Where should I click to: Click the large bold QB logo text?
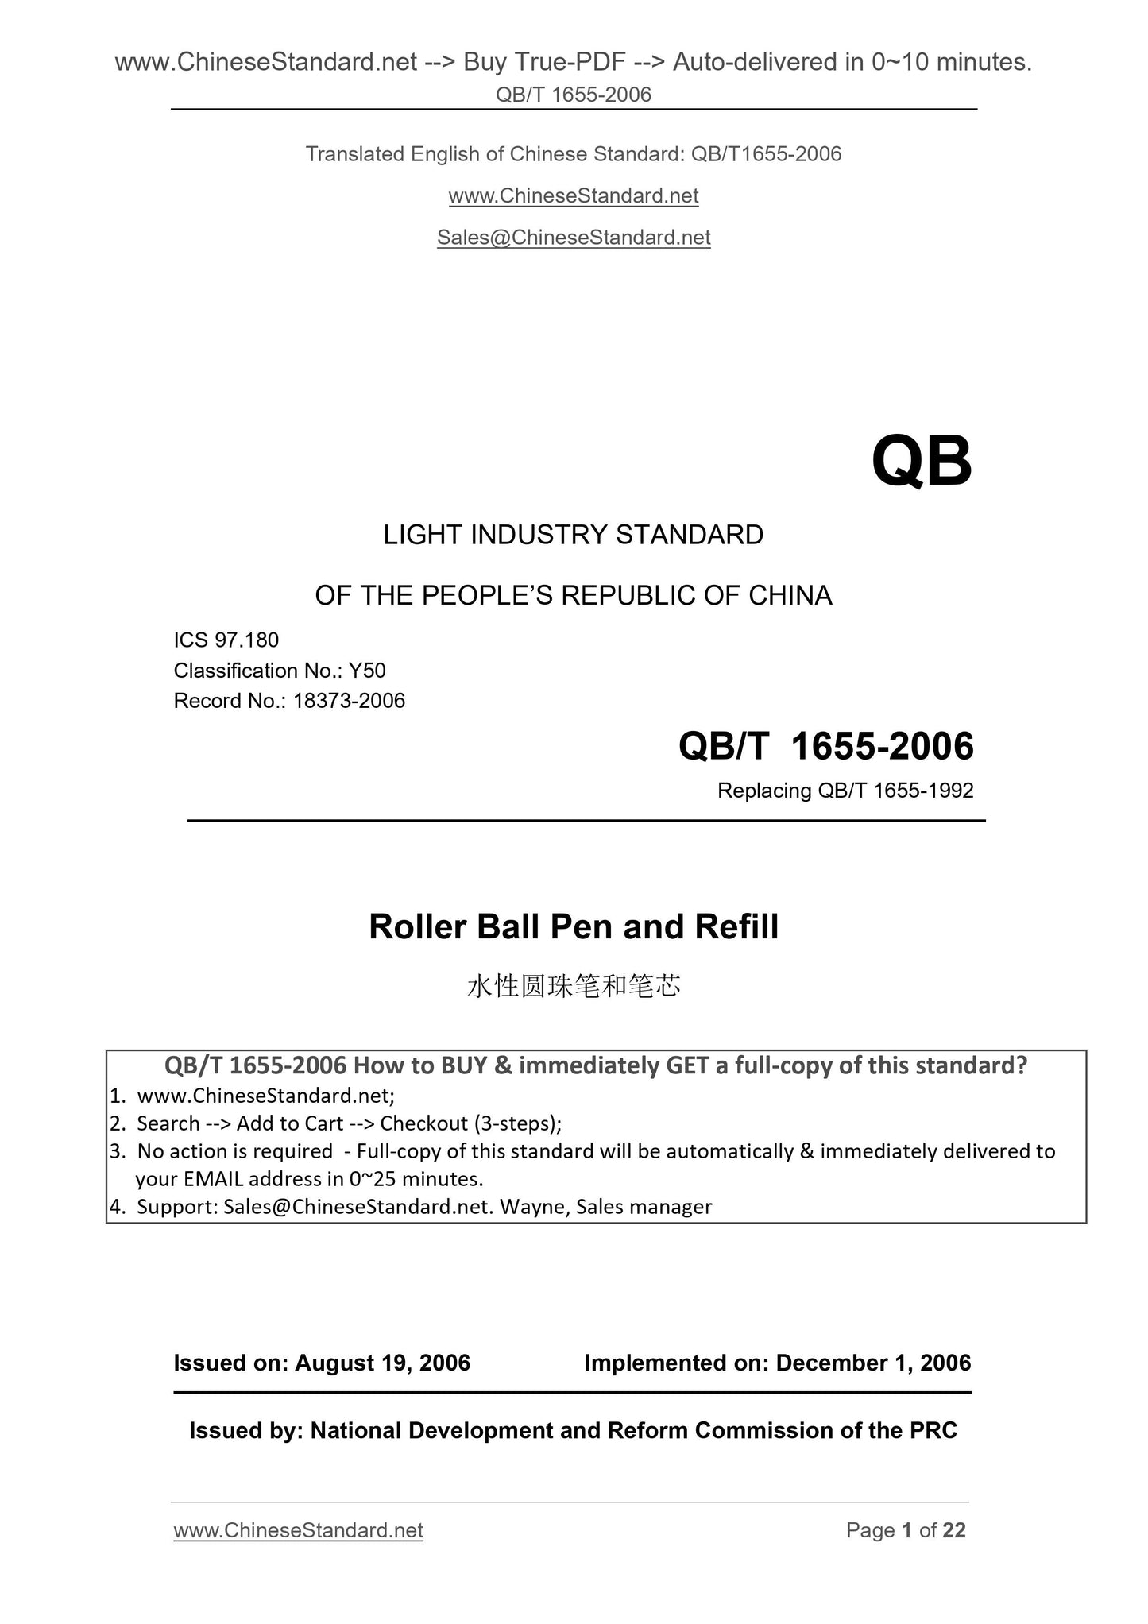pyautogui.click(x=921, y=462)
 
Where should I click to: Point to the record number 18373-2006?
pyautogui.click(x=349, y=701)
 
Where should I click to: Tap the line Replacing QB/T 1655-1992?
pyautogui.click(x=845, y=791)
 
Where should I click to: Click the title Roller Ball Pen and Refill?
pyautogui.click(x=574, y=927)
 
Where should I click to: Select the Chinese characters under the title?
pyautogui.click(x=574, y=987)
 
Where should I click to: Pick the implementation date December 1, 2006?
pyautogui.click(x=873, y=1363)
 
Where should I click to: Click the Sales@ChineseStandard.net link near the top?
pyautogui.click(x=574, y=238)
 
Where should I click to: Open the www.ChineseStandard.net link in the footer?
pyautogui.click(x=298, y=1531)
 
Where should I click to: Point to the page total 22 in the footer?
pyautogui.click(x=954, y=1531)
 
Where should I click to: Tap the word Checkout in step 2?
pyautogui.click(x=424, y=1123)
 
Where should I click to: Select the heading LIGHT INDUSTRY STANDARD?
pyautogui.click(x=574, y=536)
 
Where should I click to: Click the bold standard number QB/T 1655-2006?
pyautogui.click(x=825, y=747)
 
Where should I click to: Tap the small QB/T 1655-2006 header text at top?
pyautogui.click(x=574, y=95)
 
